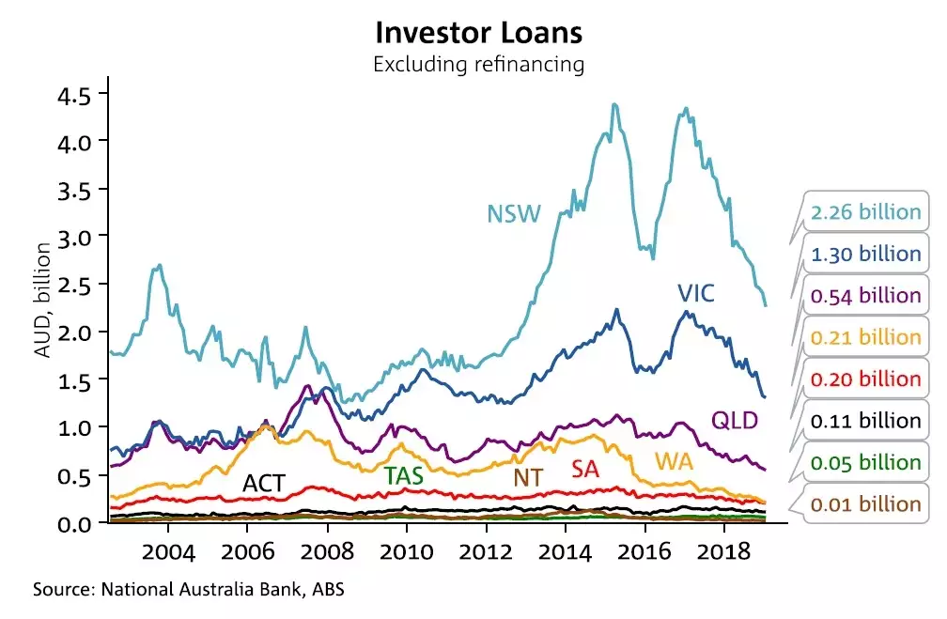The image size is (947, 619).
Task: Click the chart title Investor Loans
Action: point(479,33)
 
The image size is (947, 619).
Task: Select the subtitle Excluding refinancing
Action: point(479,65)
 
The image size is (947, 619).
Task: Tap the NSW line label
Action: point(514,214)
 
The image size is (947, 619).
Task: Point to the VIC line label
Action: point(696,294)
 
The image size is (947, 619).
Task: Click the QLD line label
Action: point(735,419)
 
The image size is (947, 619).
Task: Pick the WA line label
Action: point(675,462)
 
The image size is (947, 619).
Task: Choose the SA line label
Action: point(585,468)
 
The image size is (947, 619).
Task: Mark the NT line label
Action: point(527,477)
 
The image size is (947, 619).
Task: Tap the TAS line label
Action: point(403,475)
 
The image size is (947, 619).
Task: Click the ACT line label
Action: point(264,484)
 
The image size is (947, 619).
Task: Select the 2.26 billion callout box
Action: point(865,212)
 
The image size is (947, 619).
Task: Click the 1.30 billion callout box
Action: point(865,254)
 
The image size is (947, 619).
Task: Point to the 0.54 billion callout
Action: point(865,295)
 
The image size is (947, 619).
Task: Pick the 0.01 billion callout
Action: point(865,504)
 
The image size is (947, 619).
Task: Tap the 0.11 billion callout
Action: point(865,421)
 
